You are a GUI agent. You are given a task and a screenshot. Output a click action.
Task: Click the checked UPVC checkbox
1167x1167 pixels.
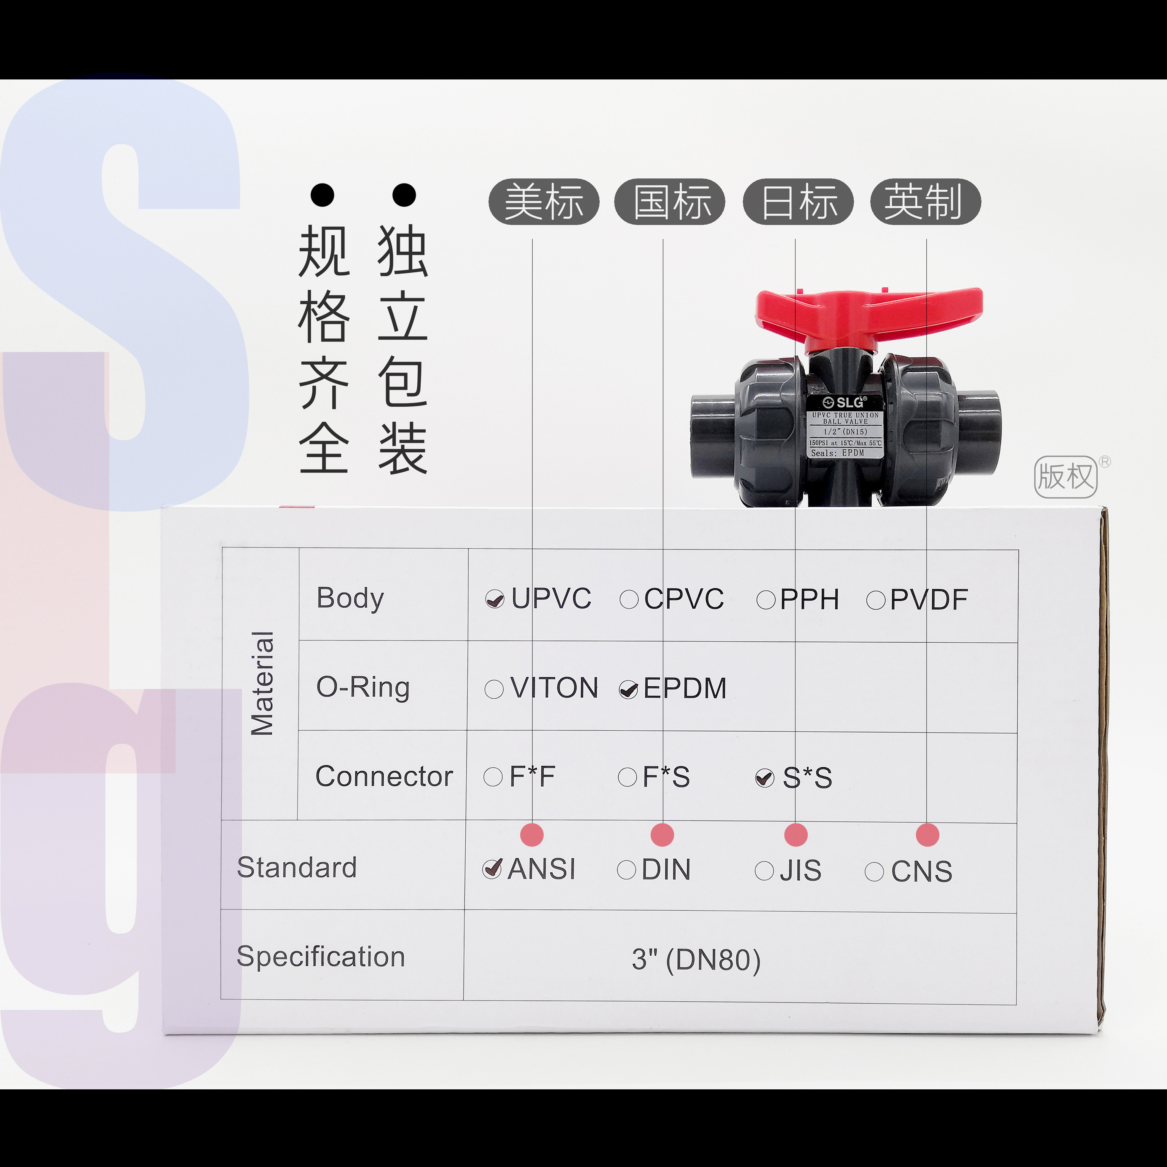495,599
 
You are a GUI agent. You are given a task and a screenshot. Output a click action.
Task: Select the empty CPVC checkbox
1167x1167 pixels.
629,599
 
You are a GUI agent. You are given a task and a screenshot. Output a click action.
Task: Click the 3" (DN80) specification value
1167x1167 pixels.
696,960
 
